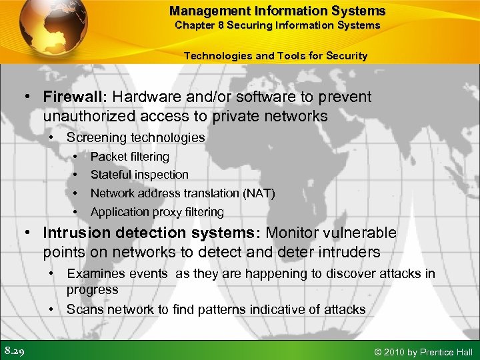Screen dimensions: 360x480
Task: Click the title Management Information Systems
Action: point(277,11)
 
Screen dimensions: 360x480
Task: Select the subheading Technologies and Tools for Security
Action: point(275,56)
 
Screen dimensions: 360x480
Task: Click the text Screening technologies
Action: point(135,137)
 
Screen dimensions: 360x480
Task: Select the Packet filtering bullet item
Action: point(129,156)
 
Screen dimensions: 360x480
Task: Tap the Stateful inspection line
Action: point(139,175)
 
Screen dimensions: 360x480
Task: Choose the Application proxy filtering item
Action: point(157,212)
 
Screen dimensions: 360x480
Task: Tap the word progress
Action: point(92,289)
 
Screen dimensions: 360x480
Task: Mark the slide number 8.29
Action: point(15,350)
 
